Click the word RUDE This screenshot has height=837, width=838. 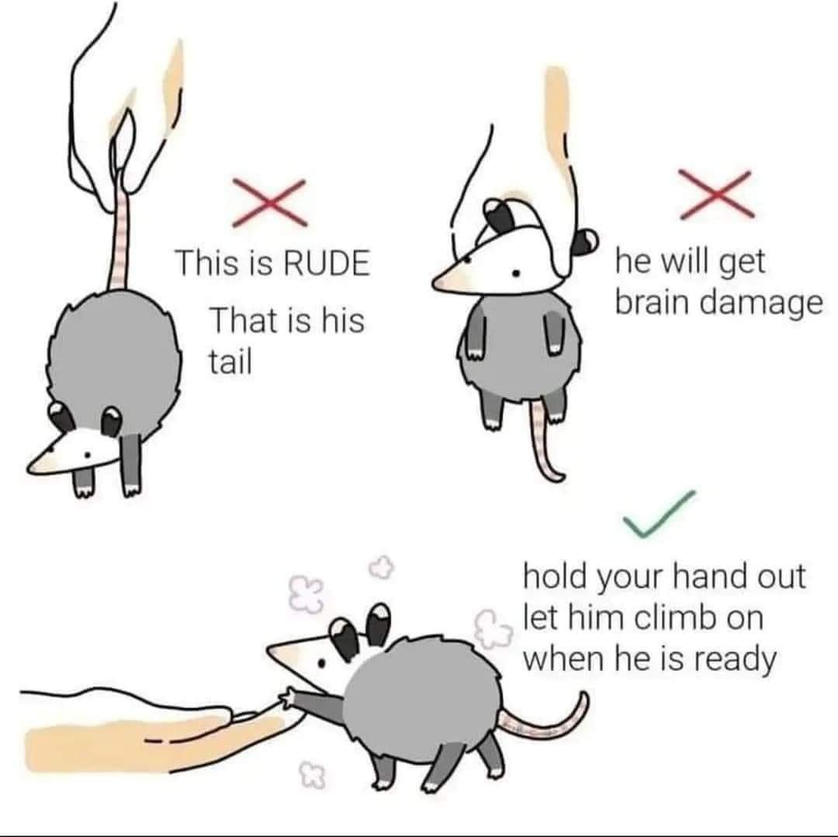click(x=325, y=262)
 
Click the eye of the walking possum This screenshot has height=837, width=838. click(x=321, y=662)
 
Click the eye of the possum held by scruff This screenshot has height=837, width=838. click(x=516, y=274)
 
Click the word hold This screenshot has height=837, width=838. click(x=554, y=576)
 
